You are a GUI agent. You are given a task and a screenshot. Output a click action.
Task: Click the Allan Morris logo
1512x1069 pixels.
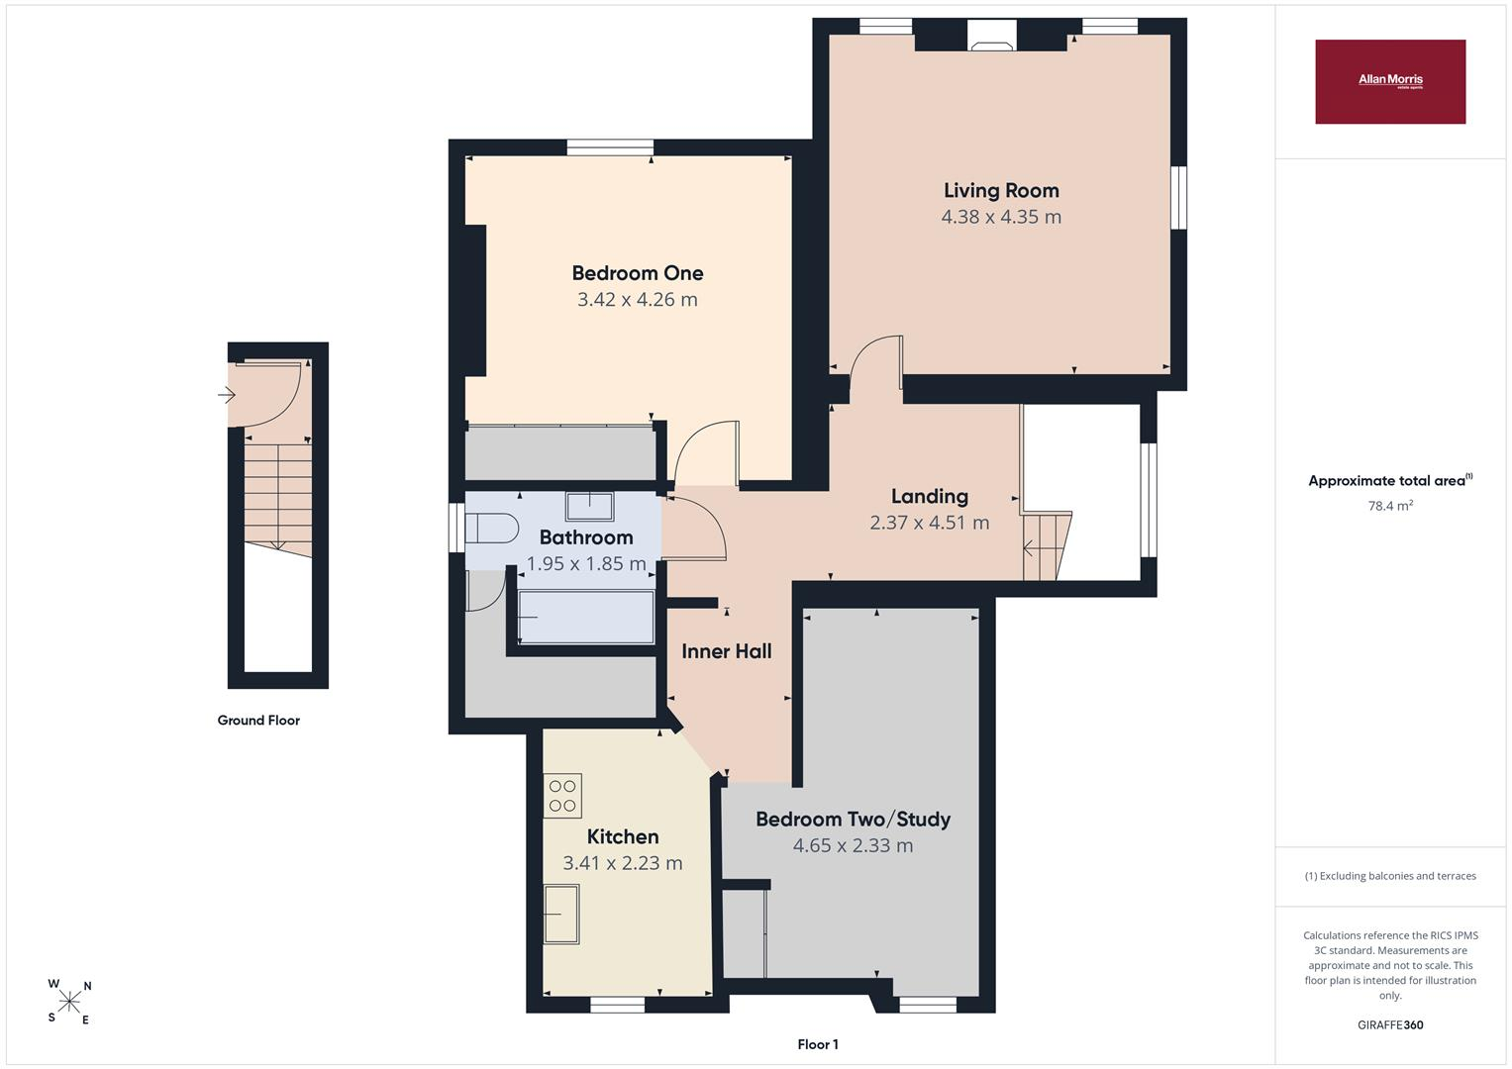pyautogui.click(x=1390, y=81)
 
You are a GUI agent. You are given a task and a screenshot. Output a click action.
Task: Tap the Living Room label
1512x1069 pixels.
pyautogui.click(x=1001, y=191)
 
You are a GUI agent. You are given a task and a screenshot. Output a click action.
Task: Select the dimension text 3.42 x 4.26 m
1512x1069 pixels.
pyautogui.click(x=638, y=300)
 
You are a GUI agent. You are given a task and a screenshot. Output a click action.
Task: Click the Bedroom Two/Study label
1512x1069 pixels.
pyautogui.click(x=854, y=820)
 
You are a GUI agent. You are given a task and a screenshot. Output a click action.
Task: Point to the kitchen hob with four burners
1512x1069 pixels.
pyautogui.click(x=562, y=796)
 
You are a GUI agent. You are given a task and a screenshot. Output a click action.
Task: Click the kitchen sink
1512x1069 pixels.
pyautogui.click(x=561, y=914)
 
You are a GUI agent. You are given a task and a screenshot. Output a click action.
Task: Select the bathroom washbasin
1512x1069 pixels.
pyautogui.click(x=589, y=506)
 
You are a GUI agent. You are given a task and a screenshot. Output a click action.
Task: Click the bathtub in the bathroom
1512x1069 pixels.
pyautogui.click(x=586, y=617)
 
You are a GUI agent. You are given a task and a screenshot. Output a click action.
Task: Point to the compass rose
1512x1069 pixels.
pyautogui.click(x=69, y=1002)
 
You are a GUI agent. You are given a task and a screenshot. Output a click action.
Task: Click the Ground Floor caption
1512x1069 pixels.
pyautogui.click(x=258, y=721)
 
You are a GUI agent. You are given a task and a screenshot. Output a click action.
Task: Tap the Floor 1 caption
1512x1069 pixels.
pyautogui.click(x=818, y=1044)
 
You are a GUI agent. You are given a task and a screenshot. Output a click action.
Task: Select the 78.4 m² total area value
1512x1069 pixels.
pyautogui.click(x=1390, y=506)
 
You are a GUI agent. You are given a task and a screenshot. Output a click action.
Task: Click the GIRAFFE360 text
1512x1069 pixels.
pyautogui.click(x=1390, y=1025)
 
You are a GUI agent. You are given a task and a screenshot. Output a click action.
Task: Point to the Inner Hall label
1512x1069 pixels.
pyautogui.click(x=727, y=651)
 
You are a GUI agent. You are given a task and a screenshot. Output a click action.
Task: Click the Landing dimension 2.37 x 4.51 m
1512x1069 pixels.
pyautogui.click(x=930, y=523)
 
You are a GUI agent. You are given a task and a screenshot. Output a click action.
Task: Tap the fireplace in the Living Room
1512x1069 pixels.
pyautogui.click(x=991, y=35)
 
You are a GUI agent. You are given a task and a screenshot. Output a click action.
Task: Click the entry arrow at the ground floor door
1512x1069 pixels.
pyautogui.click(x=226, y=395)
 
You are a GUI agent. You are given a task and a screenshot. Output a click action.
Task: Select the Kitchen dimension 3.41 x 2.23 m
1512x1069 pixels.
pyautogui.click(x=623, y=863)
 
